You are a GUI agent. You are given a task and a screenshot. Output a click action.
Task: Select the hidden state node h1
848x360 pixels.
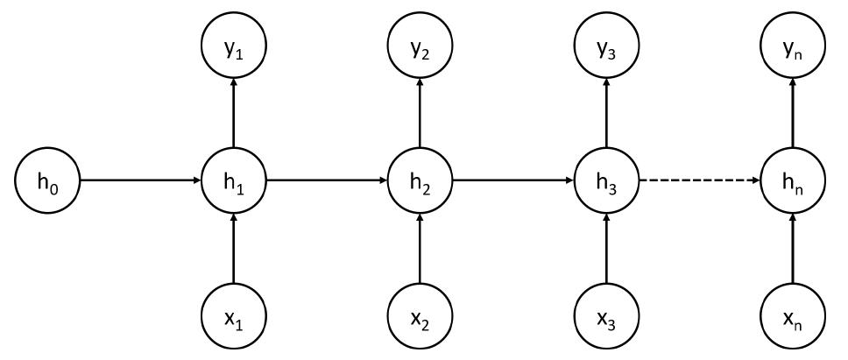pyautogui.click(x=233, y=181)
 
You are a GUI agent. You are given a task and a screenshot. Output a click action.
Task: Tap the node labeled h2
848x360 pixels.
pyautogui.click(x=420, y=181)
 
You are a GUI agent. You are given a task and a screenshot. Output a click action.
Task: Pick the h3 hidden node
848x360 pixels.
pyautogui.click(x=606, y=181)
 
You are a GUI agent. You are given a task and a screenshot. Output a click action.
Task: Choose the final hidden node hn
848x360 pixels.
pyautogui.click(x=793, y=181)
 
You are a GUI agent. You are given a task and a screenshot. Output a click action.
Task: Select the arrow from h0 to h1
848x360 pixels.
pyautogui.click(x=140, y=181)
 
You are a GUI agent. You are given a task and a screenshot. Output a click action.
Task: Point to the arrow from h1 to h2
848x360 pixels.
pyautogui.click(x=326, y=181)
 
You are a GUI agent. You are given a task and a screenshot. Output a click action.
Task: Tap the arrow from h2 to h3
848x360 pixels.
pyautogui.click(x=512, y=181)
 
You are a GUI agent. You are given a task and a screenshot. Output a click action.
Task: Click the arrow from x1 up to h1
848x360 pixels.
pyautogui.click(x=233, y=249)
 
